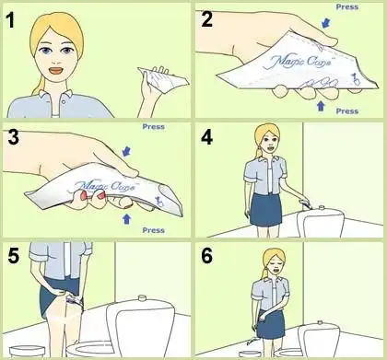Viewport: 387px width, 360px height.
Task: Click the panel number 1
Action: click(11, 21)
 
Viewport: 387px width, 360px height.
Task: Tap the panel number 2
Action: click(206, 19)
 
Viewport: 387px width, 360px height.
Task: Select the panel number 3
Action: click(14, 137)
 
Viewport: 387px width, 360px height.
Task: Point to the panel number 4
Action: click(206, 137)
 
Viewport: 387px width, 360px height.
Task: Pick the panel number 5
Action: click(14, 256)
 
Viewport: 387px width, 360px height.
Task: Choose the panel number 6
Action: click(206, 256)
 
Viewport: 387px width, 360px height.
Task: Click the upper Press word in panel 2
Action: click(347, 6)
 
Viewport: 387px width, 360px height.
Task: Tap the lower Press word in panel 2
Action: click(347, 111)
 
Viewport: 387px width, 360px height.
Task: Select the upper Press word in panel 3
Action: click(153, 126)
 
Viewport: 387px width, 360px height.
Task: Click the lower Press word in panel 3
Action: click(153, 230)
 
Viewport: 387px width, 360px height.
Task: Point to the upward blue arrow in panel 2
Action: click(321, 106)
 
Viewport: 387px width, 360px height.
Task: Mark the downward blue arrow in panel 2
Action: click(326, 22)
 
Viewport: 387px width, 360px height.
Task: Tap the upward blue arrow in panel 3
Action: click(126, 219)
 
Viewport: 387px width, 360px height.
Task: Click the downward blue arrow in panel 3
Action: click(126, 151)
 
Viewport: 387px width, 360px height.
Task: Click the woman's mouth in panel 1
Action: click(56, 71)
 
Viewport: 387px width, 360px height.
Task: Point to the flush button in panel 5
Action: click(142, 297)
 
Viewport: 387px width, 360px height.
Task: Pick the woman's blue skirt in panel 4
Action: click(266, 210)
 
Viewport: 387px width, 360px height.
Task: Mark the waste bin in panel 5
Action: click(28, 351)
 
